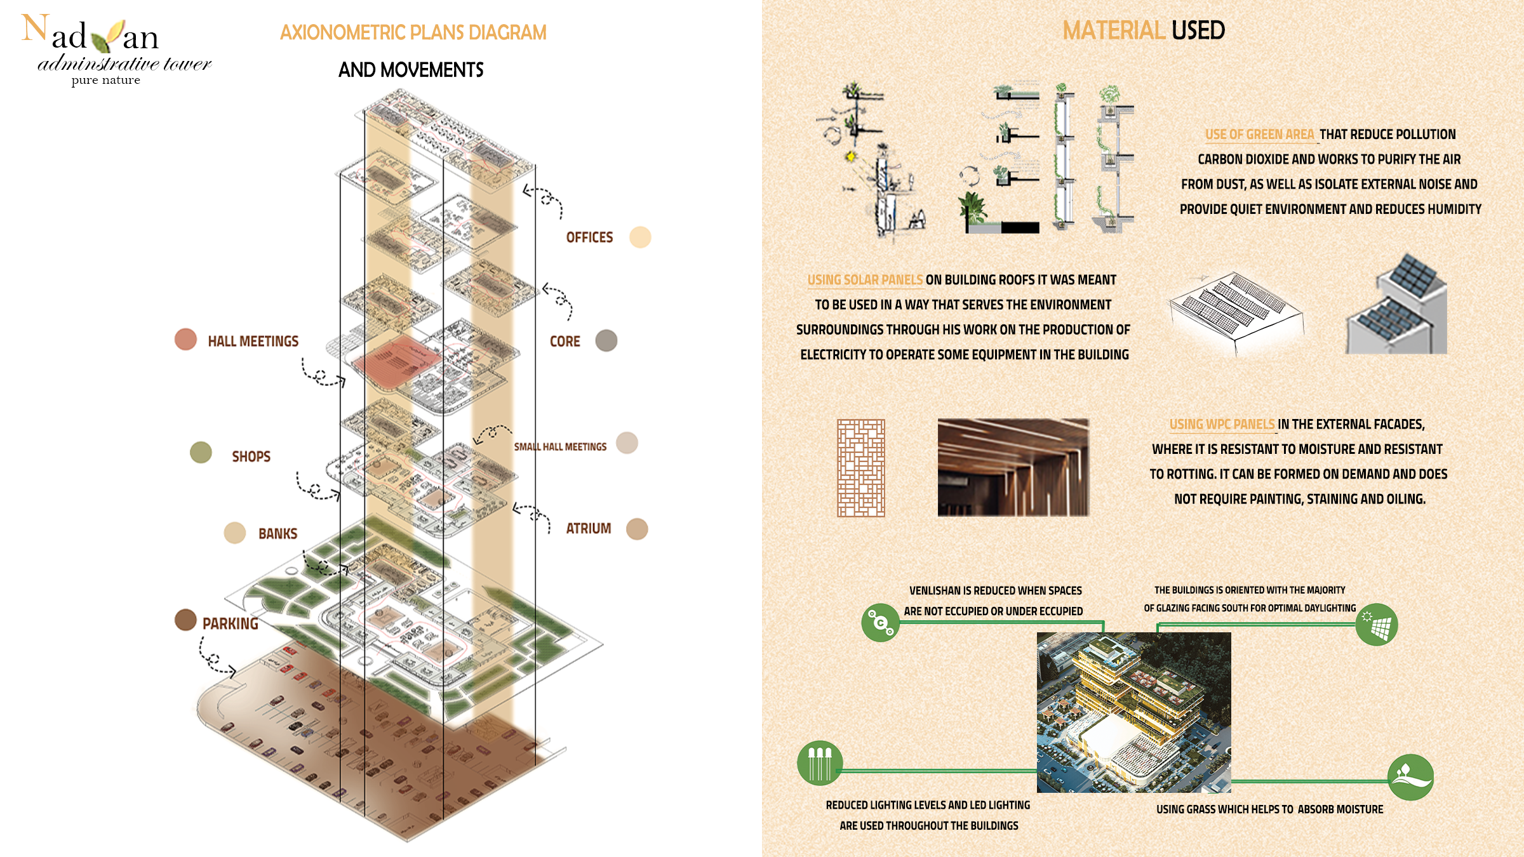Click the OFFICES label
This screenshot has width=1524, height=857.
tap(589, 237)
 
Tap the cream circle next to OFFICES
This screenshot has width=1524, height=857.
tap(640, 237)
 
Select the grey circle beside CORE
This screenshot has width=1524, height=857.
tap(606, 341)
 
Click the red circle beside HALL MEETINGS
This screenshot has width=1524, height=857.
tap(185, 340)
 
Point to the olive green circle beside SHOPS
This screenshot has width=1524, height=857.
tap(201, 453)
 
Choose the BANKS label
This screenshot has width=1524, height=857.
tap(277, 534)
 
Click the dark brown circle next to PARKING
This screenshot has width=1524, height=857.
tap(185, 620)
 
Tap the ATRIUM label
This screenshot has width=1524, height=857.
tap(589, 529)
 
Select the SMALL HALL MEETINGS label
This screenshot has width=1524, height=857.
tap(560, 447)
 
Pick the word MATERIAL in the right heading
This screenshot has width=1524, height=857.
tap(1113, 30)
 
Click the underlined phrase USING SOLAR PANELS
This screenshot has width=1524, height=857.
tap(865, 280)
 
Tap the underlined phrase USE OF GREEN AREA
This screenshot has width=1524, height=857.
tap(1260, 135)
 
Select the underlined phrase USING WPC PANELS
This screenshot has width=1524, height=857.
tap(1222, 424)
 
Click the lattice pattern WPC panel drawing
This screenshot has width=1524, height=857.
tap(861, 468)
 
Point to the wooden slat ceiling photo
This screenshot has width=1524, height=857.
tap(1013, 467)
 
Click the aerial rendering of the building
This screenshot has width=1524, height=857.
tap(1134, 712)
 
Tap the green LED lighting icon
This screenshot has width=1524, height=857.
tap(820, 763)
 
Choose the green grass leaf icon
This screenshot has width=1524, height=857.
tap(1411, 777)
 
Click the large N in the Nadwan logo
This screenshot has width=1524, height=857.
tap(35, 29)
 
